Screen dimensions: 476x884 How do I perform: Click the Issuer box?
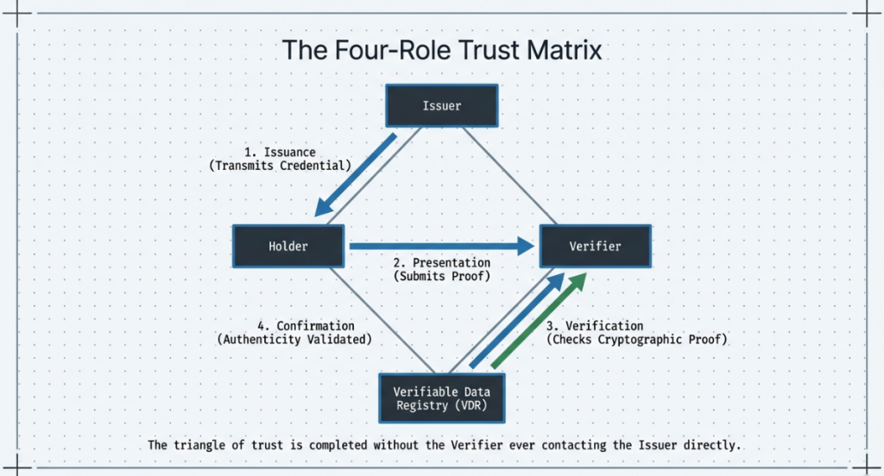(x=442, y=106)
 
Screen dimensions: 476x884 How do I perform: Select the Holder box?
(x=288, y=246)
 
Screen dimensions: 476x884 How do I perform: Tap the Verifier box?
(x=595, y=246)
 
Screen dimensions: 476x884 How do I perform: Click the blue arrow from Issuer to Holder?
(x=356, y=175)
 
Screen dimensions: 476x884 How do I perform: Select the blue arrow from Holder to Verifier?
(x=440, y=246)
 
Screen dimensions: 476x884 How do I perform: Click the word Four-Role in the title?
(x=380, y=49)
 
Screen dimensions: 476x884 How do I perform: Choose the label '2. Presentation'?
(x=442, y=262)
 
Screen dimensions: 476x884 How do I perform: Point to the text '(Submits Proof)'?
(x=442, y=276)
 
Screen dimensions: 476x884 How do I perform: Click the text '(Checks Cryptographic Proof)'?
(x=637, y=340)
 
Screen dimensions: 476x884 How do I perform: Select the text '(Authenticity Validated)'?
(x=294, y=340)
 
